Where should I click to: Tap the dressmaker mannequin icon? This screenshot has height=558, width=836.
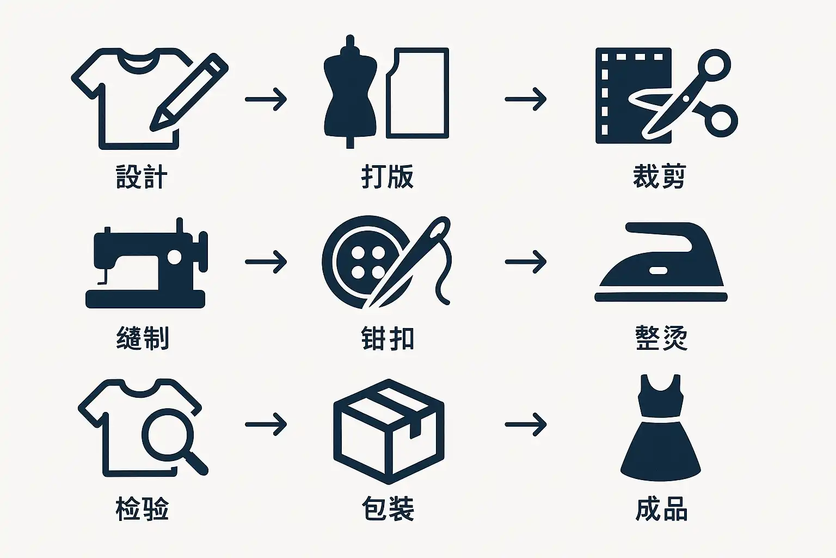pyautogui.click(x=350, y=92)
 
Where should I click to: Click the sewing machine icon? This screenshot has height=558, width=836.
pyautogui.click(x=146, y=263)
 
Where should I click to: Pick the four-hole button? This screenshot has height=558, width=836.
pyautogui.click(x=367, y=262)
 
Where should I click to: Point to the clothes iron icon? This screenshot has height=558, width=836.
pyautogui.click(x=661, y=262)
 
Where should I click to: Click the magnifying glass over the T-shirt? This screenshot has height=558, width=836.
pyautogui.click(x=174, y=441)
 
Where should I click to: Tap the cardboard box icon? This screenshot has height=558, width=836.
pyautogui.click(x=389, y=432)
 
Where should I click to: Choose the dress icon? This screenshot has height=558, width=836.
pyautogui.click(x=661, y=428)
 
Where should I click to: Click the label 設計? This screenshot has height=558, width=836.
pyautogui.click(x=142, y=177)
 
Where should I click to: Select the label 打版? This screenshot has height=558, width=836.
pyautogui.click(x=388, y=177)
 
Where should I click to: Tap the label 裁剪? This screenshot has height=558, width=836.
pyautogui.click(x=660, y=177)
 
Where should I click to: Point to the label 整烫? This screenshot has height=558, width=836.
pyautogui.click(x=661, y=338)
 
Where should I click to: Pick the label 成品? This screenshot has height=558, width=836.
pyautogui.click(x=661, y=508)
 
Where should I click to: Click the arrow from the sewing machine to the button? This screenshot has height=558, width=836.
pyautogui.click(x=266, y=262)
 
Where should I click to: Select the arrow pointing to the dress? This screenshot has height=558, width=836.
pyautogui.click(x=526, y=424)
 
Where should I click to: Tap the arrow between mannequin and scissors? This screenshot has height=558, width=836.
pyautogui.click(x=526, y=99)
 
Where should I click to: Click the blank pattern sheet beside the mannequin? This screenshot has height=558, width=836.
pyautogui.click(x=417, y=93)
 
